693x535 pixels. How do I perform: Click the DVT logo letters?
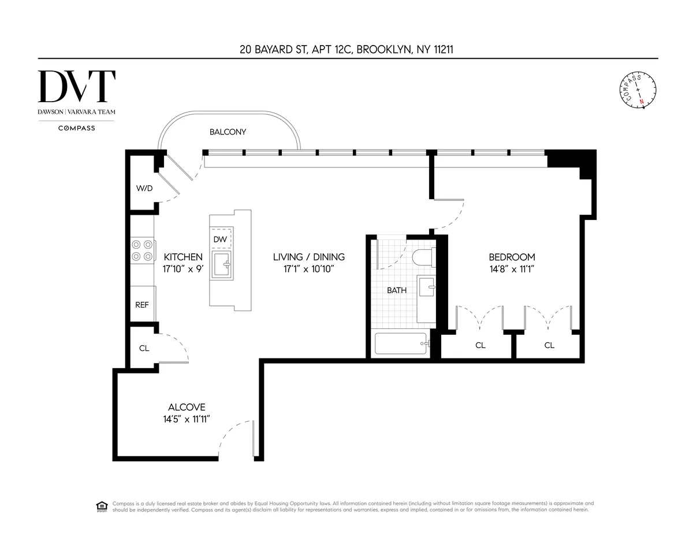[x=76, y=87]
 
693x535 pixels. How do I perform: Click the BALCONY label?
[x=228, y=132]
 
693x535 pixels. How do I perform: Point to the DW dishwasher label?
[x=220, y=239]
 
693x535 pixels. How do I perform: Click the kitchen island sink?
[x=222, y=265]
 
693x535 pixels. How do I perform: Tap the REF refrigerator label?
[x=141, y=305]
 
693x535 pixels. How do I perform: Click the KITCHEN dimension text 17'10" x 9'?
[x=183, y=269]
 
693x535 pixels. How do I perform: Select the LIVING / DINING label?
[x=308, y=257]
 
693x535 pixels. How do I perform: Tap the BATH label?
[x=396, y=290]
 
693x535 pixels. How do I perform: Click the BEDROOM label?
[x=512, y=257]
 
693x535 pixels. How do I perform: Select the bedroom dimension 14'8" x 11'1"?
[x=512, y=269]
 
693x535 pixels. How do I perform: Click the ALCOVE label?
[x=187, y=407]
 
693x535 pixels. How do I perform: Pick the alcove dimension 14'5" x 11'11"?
[x=186, y=420]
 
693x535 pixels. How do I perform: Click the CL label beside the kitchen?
[x=144, y=349]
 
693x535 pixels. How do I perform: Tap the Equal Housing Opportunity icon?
[x=102, y=507]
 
